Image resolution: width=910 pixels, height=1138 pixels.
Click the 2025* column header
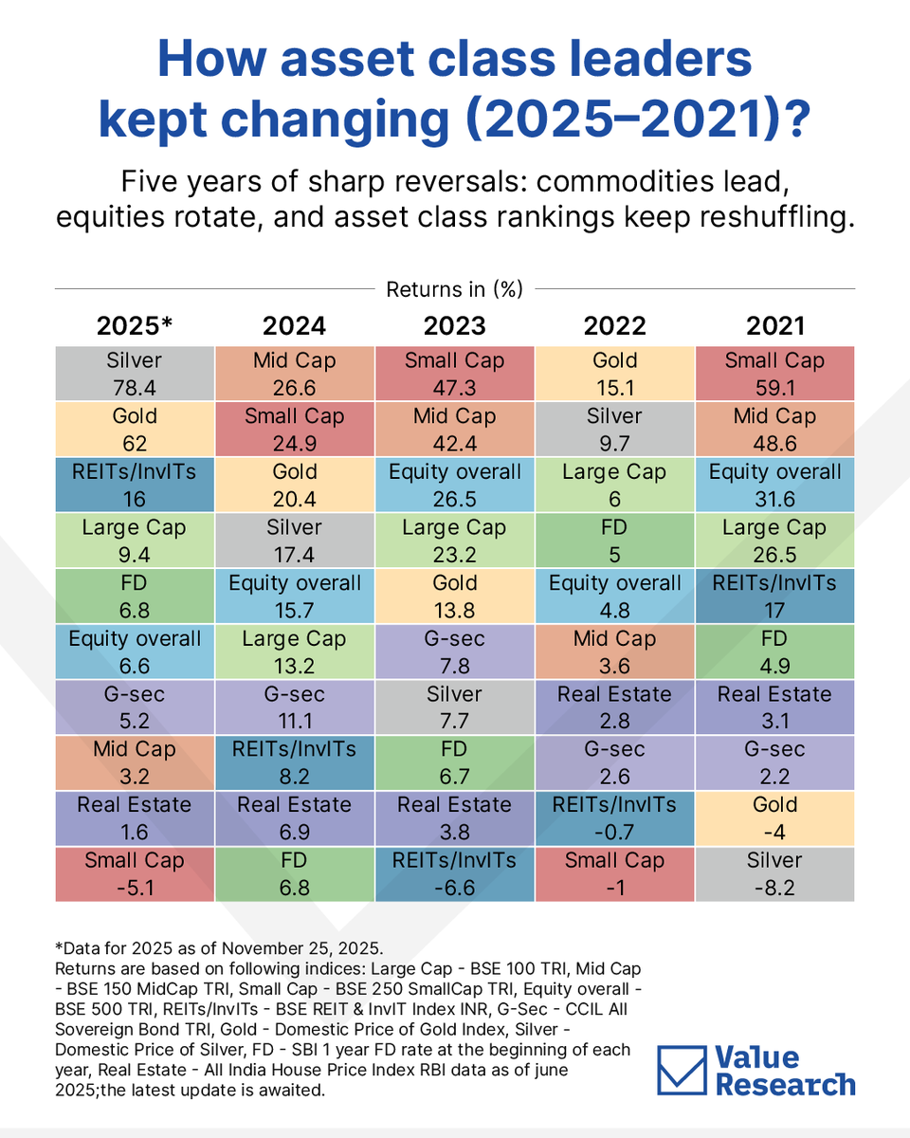tap(135, 325)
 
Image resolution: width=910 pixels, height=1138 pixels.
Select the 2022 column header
tap(614, 325)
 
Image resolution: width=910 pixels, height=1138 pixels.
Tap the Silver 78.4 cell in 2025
tap(135, 373)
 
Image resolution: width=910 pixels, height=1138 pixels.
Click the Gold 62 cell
tap(135, 429)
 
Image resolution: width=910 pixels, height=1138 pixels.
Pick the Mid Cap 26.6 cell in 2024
tap(295, 373)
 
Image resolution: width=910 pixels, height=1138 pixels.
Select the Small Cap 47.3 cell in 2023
tap(454, 373)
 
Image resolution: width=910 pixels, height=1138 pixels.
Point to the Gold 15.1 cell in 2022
tap(614, 373)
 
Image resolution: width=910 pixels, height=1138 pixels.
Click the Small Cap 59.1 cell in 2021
tap(774, 373)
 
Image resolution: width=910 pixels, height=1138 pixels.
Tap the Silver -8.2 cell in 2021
tap(774, 873)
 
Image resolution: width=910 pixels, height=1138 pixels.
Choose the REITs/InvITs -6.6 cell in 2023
tap(454, 873)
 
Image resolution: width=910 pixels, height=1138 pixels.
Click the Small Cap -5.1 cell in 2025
tap(135, 873)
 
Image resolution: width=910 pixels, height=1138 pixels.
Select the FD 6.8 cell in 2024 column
tap(295, 873)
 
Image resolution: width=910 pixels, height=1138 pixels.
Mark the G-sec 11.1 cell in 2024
tap(295, 707)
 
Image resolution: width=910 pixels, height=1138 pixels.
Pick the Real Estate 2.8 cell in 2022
tap(614, 707)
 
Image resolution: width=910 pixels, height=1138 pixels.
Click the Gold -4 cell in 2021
tap(774, 817)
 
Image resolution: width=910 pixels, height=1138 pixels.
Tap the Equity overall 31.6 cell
tap(774, 484)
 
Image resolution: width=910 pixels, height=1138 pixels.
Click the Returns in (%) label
tap(454, 289)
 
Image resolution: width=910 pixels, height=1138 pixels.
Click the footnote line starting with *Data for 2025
tap(199, 949)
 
